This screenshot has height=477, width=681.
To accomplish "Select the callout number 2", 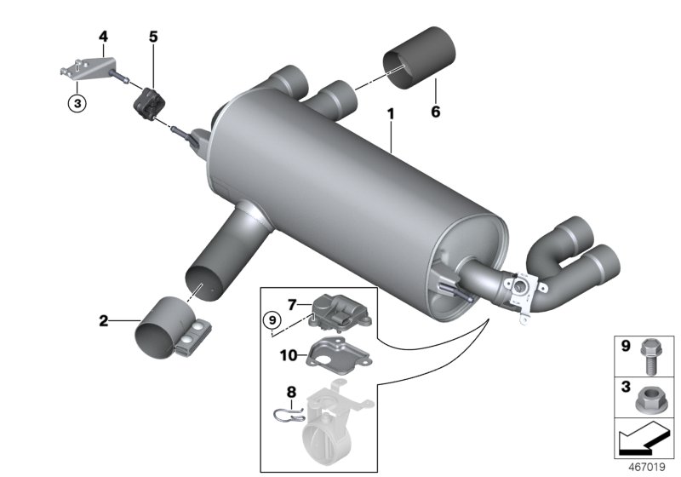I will click(103, 321).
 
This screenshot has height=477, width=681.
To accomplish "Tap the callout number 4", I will click(103, 36).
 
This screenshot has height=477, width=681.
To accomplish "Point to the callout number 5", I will click(153, 37).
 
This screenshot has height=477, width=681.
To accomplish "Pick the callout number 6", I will click(436, 111).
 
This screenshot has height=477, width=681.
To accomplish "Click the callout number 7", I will click(291, 303).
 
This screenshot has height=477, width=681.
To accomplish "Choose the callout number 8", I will click(290, 393).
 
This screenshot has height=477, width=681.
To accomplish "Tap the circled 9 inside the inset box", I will click(271, 321).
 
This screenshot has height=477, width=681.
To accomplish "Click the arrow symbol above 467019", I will click(645, 440).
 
